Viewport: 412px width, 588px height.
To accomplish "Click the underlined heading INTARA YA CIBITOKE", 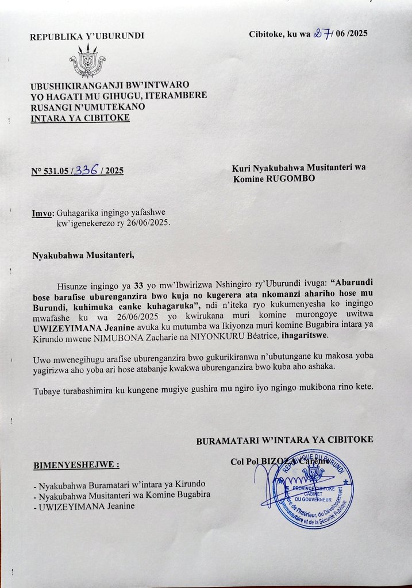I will tap(80, 118).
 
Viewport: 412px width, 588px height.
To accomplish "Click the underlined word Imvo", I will tap(42, 214).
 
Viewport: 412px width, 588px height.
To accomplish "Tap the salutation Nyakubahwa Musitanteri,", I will tap(83, 255).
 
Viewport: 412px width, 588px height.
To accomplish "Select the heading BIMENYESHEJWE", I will tap(76, 464).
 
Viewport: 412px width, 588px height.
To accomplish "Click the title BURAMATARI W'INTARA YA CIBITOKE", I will tap(284, 440).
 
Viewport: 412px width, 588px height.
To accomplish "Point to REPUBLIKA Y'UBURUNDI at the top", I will tap(87, 37).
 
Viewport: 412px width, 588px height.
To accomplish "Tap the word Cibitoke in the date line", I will tap(266, 34).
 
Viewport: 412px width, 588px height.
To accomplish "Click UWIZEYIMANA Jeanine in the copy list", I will tap(87, 506).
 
